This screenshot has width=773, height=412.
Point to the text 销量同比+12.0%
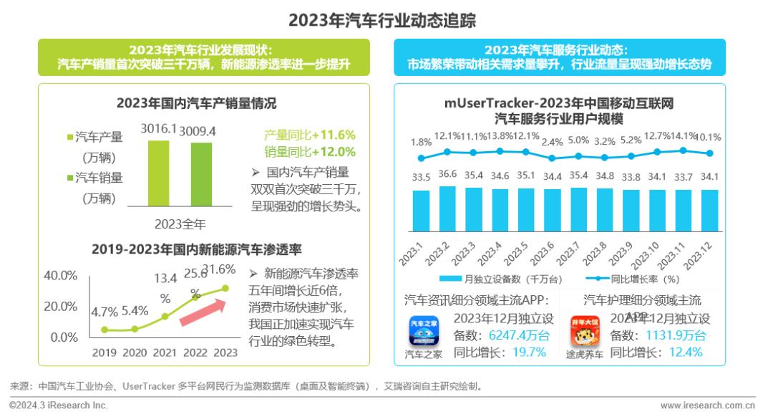309,152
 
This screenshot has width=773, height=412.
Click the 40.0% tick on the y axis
61,276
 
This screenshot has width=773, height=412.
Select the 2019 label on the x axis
104,353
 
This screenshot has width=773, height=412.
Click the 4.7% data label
104,312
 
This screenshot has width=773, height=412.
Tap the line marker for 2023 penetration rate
225,288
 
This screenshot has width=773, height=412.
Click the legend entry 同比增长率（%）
637,278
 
